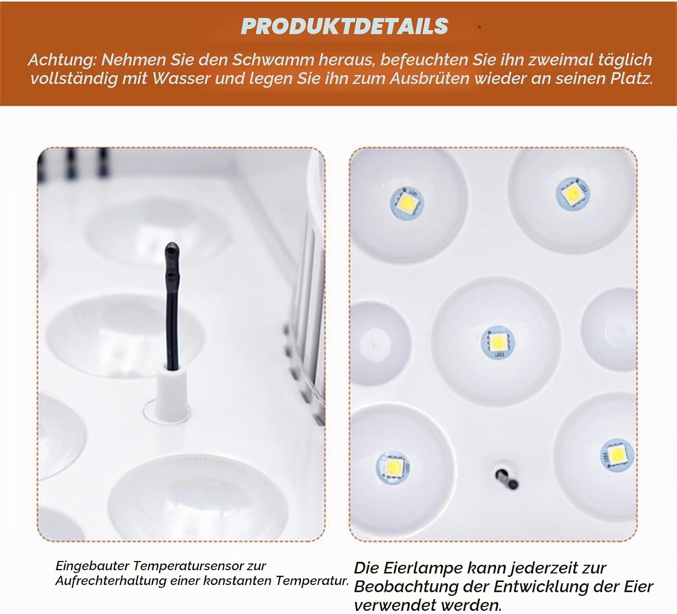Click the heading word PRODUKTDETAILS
tap(344, 26)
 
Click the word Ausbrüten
tap(429, 79)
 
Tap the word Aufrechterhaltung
tap(111, 581)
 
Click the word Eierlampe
tap(423, 568)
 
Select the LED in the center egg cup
tap(497, 343)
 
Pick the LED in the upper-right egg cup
tap(573, 194)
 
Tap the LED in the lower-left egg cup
tap(393, 467)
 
